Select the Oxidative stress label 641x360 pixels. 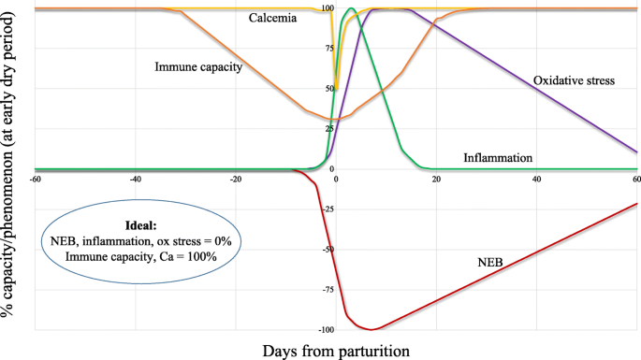tap(574, 81)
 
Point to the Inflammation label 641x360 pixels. tap(498, 158)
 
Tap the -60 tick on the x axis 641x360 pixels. tap(35, 178)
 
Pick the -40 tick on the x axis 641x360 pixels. tap(135, 178)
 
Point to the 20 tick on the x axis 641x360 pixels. tap(436, 178)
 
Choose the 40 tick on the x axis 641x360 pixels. tap(536, 178)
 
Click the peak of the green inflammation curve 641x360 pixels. tap(350, 9)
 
